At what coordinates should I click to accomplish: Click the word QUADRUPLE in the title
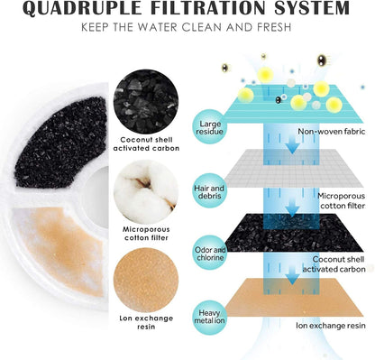82,8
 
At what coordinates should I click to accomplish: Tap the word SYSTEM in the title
313,8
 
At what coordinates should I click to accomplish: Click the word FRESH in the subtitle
274,27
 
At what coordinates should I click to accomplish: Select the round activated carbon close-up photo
146,101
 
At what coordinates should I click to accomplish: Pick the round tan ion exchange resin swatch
146,280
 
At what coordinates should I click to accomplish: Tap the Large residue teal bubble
210,127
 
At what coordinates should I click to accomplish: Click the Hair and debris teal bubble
209,191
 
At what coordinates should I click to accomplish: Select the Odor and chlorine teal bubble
210,254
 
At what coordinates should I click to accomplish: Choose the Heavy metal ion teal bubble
210,317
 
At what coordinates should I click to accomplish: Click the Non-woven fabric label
332,132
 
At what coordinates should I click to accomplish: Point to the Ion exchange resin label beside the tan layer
331,326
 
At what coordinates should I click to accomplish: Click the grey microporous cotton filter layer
293,169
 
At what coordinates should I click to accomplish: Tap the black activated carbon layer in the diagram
294,233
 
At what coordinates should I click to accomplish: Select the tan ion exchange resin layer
294,297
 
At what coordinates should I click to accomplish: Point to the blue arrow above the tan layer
292,275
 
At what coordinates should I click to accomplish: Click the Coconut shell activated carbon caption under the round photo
146,144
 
